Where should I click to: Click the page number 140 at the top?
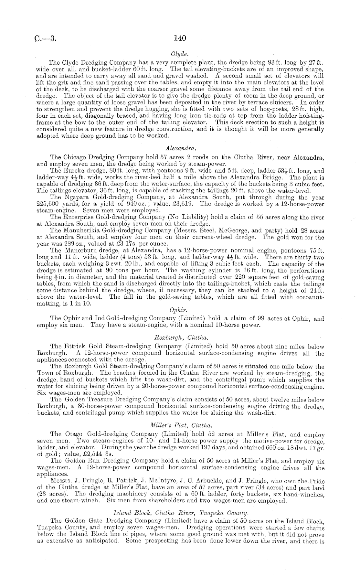(180, 38)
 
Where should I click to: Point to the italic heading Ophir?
(180, 311)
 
